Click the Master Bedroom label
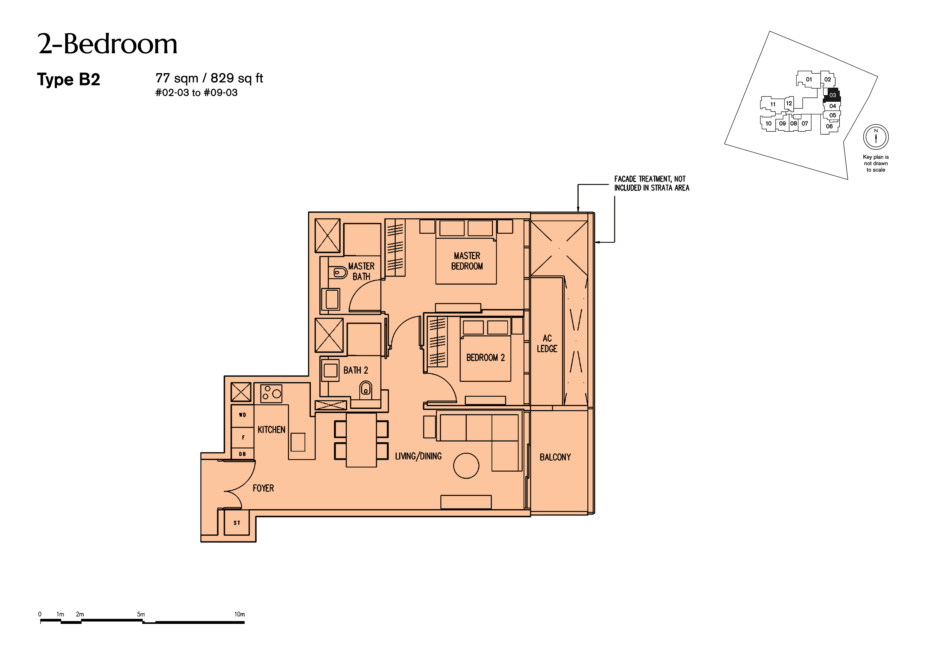[467, 261]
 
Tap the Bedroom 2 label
[485, 357]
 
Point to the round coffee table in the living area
[466, 465]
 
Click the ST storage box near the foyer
[237, 523]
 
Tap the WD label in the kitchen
[242, 415]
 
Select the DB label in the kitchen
[242, 454]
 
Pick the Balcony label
[555, 457]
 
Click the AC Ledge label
[547, 343]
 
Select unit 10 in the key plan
[768, 123]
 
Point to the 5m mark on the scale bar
[141, 614]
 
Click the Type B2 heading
[68, 79]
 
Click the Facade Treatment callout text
[651, 183]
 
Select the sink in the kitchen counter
[298, 442]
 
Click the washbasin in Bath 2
[330, 371]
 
